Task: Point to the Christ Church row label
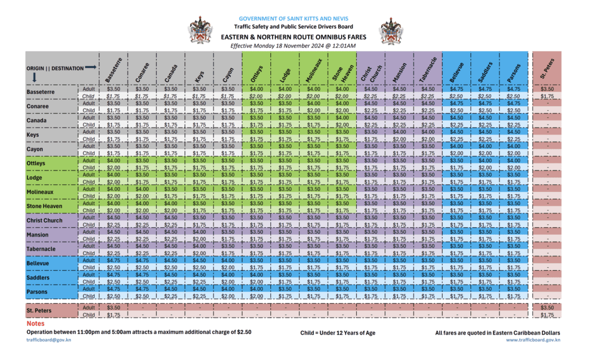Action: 45,220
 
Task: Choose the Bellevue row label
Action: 38,263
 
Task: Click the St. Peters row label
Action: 39,311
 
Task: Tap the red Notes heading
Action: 35,323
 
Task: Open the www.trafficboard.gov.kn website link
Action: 533,340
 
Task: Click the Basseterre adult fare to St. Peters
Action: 547,89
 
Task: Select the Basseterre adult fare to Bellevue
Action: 456,89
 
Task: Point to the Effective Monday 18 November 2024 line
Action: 292,45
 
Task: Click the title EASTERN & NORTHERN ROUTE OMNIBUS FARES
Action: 293,37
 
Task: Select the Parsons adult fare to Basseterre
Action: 114,288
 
